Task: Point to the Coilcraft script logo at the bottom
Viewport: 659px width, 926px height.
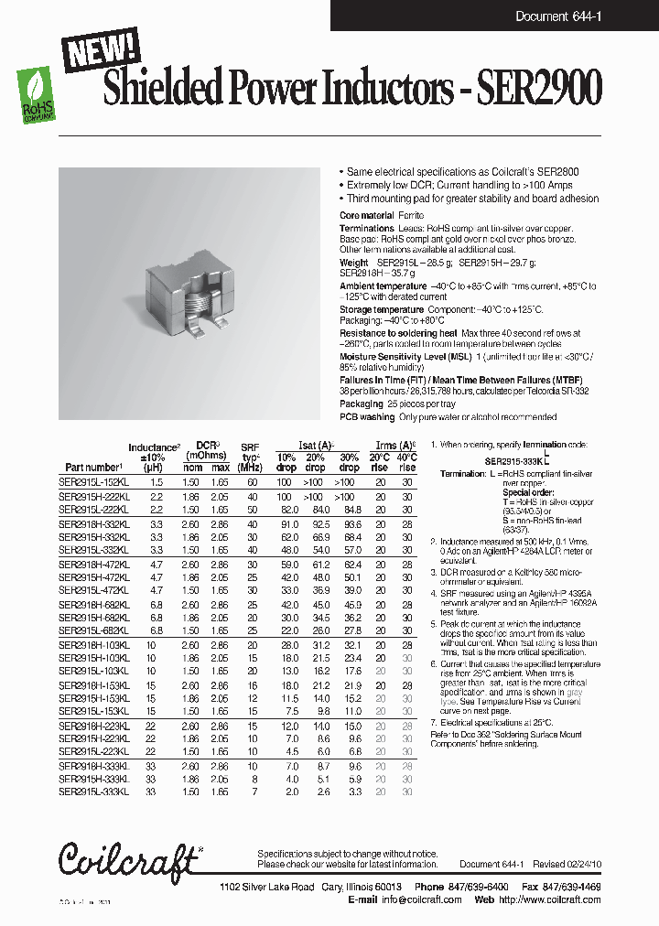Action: pos(129,859)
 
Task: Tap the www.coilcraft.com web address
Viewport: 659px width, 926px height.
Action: pos(559,899)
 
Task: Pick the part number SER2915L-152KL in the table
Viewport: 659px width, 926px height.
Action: pos(94,481)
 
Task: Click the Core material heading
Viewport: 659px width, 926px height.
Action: pos(366,214)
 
